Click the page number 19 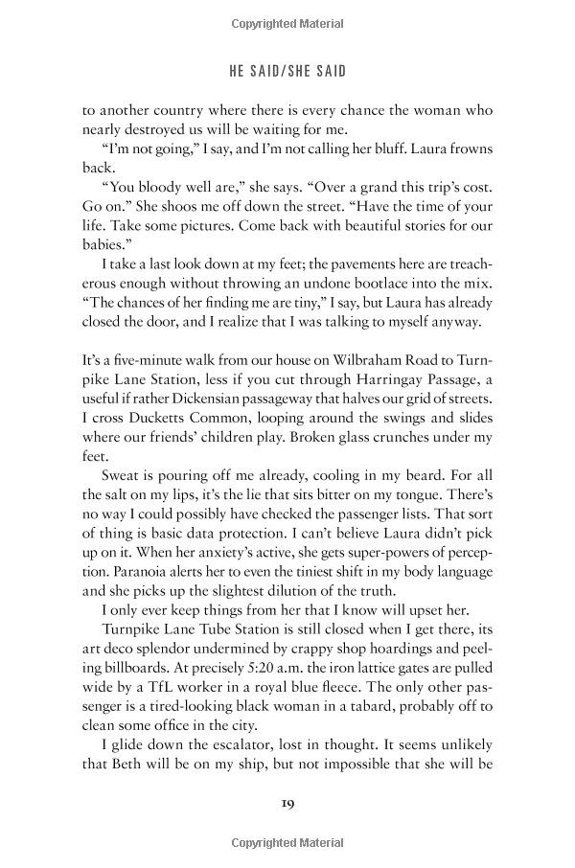[x=287, y=801]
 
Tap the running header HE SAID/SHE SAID [x=287, y=71]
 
